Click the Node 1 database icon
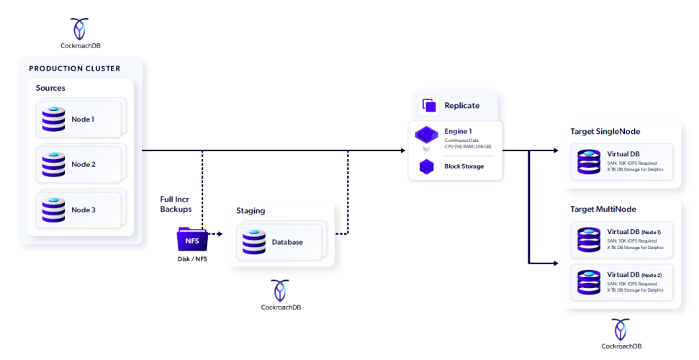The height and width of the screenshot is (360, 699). (53, 119)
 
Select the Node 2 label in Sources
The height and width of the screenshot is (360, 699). (83, 164)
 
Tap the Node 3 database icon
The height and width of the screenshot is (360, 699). (53, 210)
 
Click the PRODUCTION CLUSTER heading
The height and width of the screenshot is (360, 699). (75, 68)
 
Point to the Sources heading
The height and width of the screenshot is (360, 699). (50, 88)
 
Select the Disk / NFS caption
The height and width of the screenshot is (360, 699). (192, 259)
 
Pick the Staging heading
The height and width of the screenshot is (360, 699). (251, 210)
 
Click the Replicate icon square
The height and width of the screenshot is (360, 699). (430, 105)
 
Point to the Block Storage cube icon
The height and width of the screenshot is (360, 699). (428, 166)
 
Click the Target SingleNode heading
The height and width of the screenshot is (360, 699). (605, 131)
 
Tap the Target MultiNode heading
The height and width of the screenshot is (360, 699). (603, 210)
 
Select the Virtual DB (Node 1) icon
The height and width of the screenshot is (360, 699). (588, 240)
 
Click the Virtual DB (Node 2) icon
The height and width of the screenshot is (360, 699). (588, 282)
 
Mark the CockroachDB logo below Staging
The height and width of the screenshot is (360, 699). (281, 290)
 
